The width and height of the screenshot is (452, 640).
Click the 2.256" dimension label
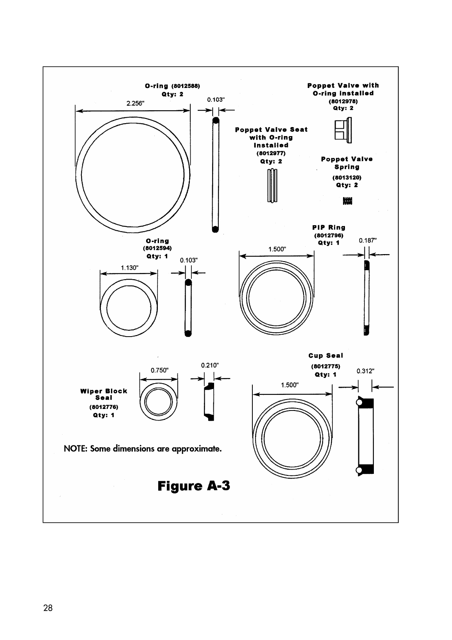click(135, 104)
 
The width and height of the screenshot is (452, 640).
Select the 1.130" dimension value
click(130, 268)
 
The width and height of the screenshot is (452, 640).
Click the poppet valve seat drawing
click(272, 185)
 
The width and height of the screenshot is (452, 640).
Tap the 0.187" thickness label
click(368, 240)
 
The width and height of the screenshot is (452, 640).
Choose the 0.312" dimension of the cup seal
click(365, 371)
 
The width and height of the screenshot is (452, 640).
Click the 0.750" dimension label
click(159, 370)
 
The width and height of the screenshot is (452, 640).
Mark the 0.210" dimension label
click(210, 365)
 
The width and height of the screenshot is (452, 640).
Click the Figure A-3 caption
click(194, 486)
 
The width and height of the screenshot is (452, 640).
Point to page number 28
click(48, 608)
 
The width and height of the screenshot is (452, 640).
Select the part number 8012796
click(329, 235)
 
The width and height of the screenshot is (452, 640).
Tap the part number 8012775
click(325, 366)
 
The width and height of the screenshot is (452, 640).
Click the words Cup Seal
click(325, 355)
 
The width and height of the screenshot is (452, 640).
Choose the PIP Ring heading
click(329, 227)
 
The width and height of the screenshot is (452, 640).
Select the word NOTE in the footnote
click(75, 448)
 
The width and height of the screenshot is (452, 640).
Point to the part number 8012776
click(104, 407)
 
